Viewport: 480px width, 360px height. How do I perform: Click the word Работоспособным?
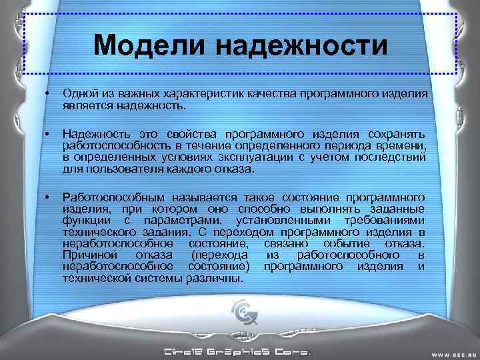(x=114, y=197)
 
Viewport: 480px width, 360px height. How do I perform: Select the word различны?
(x=215, y=278)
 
